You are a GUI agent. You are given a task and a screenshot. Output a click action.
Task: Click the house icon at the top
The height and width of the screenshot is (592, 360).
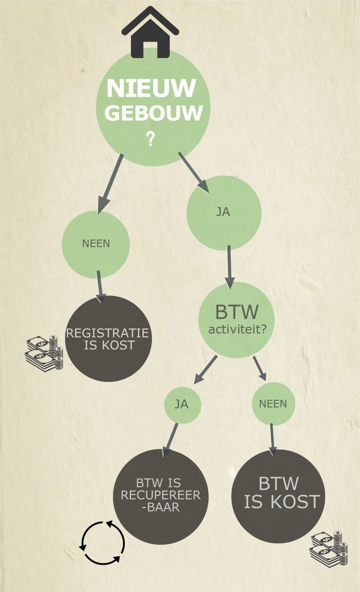click(x=150, y=33)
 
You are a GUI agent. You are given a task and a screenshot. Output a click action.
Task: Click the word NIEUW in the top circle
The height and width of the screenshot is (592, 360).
click(x=151, y=89)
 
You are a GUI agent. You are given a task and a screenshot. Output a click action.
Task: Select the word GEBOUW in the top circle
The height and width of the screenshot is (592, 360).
click(x=153, y=113)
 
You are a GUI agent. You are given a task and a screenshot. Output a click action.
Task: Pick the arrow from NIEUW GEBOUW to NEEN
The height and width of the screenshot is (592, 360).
click(x=110, y=184)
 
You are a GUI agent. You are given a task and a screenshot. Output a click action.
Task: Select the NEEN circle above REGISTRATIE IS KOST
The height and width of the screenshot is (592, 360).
click(x=96, y=244)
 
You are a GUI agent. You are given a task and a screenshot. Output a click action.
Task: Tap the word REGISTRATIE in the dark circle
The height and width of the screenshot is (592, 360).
click(x=107, y=333)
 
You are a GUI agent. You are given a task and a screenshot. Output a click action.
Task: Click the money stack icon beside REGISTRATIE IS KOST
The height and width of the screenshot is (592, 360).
click(x=44, y=353)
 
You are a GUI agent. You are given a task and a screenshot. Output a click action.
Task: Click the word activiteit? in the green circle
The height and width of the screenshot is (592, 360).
click(x=237, y=329)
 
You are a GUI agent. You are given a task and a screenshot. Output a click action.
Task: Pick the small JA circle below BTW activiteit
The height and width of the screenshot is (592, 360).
click(x=182, y=405)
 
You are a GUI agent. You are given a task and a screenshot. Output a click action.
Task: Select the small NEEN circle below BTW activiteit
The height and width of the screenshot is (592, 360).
click(x=273, y=404)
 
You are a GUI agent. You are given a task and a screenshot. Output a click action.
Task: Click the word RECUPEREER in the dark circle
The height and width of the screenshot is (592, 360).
click(x=162, y=496)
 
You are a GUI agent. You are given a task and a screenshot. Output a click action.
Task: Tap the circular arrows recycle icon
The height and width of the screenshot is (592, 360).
click(x=102, y=543)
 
